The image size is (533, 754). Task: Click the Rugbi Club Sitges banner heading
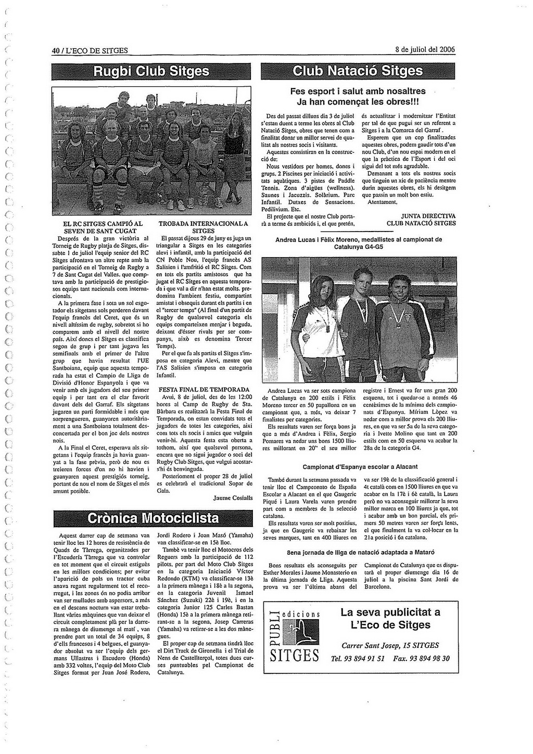point(151,71)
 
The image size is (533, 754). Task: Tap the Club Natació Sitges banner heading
point(358,71)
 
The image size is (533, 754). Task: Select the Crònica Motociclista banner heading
point(153,518)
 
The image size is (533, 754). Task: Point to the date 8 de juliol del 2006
point(425,50)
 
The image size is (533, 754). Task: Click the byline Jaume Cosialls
point(233,498)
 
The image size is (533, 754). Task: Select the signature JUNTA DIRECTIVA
point(428,216)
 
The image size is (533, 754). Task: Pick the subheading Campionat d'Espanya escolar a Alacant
point(360,467)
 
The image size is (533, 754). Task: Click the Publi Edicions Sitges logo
point(294,637)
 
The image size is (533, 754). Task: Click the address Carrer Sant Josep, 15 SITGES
point(390,645)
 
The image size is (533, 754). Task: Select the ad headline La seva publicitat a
point(390,612)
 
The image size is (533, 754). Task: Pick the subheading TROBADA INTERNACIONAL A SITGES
point(203,227)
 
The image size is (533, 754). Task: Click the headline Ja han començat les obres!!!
point(358,101)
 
